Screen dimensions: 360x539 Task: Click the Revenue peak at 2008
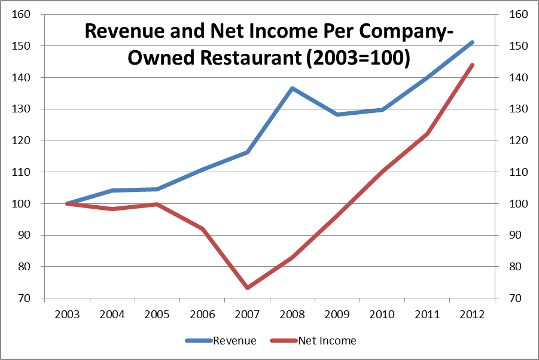click(x=292, y=89)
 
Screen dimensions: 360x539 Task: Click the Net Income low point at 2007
click(x=247, y=288)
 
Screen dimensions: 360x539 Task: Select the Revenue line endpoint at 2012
click(x=472, y=42)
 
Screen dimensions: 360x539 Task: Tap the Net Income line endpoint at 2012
click(x=472, y=65)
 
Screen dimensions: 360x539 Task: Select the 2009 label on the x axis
click(x=337, y=313)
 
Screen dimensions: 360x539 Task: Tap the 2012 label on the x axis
click(x=472, y=313)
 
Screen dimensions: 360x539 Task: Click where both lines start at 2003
click(x=67, y=203)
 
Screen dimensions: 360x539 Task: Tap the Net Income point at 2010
click(x=382, y=171)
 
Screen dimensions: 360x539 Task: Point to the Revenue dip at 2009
click(x=337, y=114)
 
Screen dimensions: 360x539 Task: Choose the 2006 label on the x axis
click(x=202, y=313)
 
